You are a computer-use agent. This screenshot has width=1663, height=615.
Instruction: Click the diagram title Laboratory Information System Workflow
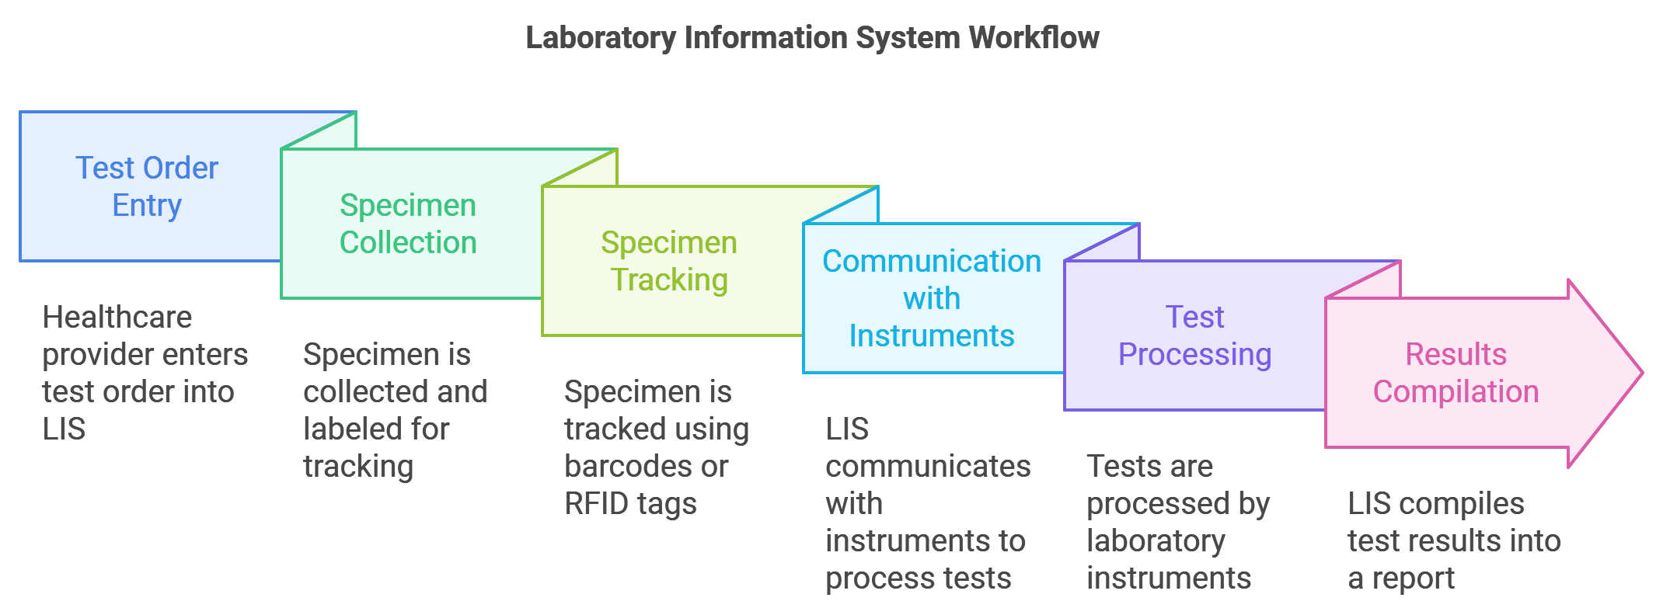tap(812, 37)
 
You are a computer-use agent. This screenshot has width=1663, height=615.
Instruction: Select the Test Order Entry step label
tap(147, 186)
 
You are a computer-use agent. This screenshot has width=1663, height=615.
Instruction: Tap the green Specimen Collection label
tap(408, 224)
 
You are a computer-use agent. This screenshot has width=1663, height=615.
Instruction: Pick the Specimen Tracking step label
tap(669, 261)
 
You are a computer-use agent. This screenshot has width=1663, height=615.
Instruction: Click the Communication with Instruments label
tap(931, 298)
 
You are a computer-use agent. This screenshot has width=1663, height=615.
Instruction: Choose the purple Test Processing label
tap(1194, 335)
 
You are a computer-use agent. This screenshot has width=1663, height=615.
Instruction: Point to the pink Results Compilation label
tap(1456, 373)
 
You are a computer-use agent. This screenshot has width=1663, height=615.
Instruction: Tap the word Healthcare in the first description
tap(117, 317)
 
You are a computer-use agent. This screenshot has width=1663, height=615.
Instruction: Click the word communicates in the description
tap(928, 467)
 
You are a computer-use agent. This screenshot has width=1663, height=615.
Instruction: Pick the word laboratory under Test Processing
tap(1156, 541)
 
